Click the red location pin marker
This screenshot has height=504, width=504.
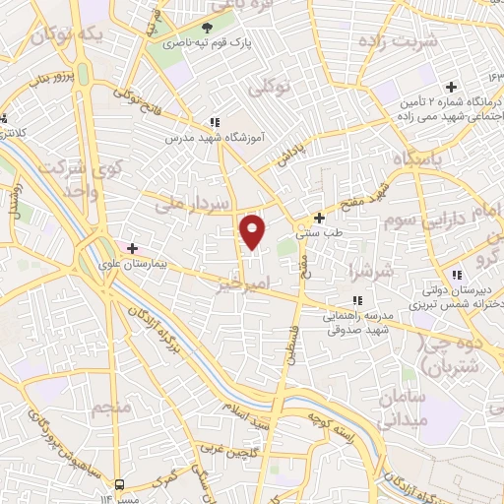coord(254,232)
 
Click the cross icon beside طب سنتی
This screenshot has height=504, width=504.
coord(319,218)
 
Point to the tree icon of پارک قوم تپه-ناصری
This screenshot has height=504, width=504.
coord(207,27)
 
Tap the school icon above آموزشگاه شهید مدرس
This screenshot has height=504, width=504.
coord(214,122)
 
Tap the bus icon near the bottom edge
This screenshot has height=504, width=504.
coord(120,484)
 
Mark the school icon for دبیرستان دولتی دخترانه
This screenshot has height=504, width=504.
coord(456,275)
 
